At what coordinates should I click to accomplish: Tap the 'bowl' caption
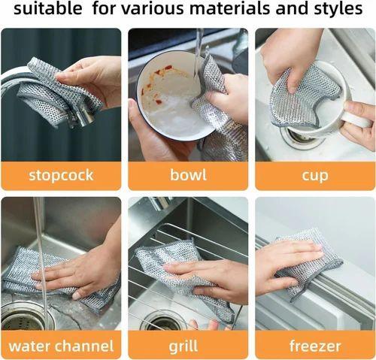(x=187, y=175)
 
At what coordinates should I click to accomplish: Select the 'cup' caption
(x=314, y=175)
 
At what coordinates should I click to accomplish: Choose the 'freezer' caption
(x=314, y=346)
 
